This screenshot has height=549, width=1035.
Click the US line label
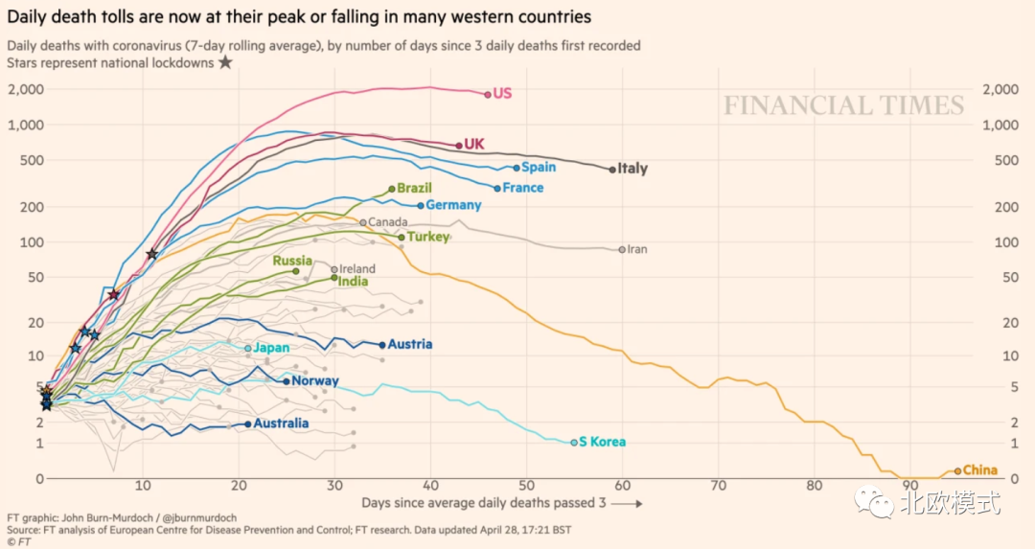click(x=502, y=94)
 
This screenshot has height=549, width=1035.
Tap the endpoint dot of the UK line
click(x=459, y=146)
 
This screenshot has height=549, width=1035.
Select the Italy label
click(x=632, y=169)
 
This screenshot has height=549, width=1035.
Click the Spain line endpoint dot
click(x=517, y=168)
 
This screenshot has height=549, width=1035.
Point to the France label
click(x=522, y=188)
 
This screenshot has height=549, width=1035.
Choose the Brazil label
click(x=414, y=189)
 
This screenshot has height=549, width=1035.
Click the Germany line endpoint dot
click(x=421, y=206)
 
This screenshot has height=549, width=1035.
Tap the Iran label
click(x=637, y=250)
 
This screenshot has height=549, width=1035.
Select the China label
click(x=979, y=470)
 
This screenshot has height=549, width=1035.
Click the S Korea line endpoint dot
click(x=574, y=443)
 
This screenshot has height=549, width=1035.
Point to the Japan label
click(x=271, y=348)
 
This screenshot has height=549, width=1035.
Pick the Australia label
click(x=281, y=423)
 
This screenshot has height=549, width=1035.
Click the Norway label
click(x=314, y=381)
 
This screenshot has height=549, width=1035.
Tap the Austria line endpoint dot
click(x=382, y=345)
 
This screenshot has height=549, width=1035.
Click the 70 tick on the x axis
click(x=718, y=485)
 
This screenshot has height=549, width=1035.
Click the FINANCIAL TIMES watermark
click(x=843, y=105)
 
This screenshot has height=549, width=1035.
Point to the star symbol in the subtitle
click(x=225, y=62)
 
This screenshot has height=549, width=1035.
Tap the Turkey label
click(x=427, y=237)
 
